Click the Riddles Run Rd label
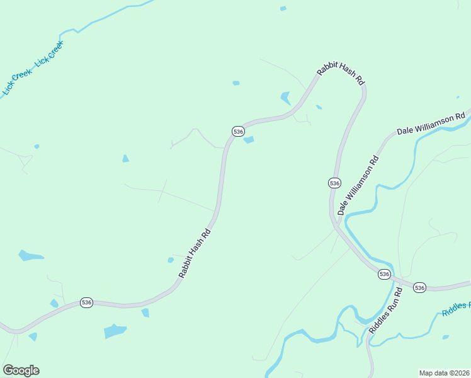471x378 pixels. [x=385, y=312]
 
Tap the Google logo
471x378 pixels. [x=21, y=370]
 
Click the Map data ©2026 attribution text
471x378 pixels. [x=445, y=372]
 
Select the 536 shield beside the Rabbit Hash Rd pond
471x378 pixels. [x=238, y=131]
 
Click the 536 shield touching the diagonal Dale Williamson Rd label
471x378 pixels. [x=334, y=183]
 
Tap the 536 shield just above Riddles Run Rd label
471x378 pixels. [x=384, y=275]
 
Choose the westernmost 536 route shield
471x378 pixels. [x=87, y=303]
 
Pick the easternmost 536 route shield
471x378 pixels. [x=420, y=287]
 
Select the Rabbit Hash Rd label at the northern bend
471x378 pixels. [x=341, y=74]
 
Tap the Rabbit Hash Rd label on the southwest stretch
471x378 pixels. [x=194, y=253]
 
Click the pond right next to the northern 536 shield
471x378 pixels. [x=249, y=140]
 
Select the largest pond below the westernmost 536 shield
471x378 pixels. [x=115, y=331]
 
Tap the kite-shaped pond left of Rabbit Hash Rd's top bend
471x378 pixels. [x=285, y=98]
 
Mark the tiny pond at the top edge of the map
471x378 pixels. [x=283, y=8]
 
